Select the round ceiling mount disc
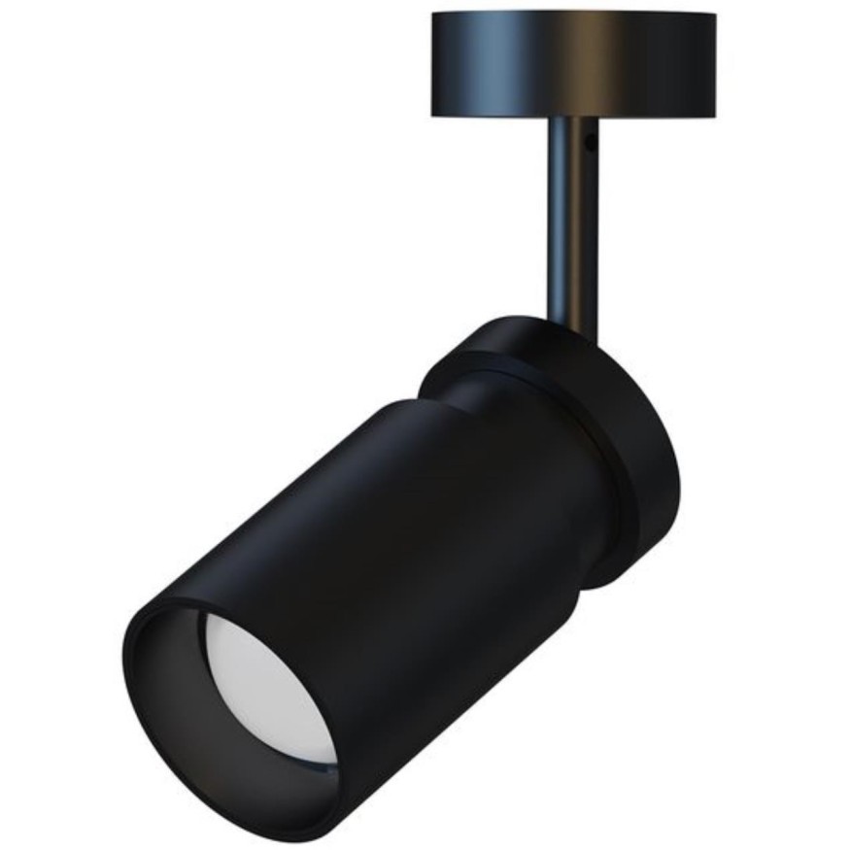pyautogui.click(x=572, y=64)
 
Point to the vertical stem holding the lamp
pyautogui.click(x=573, y=223)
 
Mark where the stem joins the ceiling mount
pyautogui.click(x=573, y=119)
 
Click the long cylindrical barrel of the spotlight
pyautogui.click(x=389, y=544)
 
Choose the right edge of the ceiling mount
pyautogui.click(x=714, y=63)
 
